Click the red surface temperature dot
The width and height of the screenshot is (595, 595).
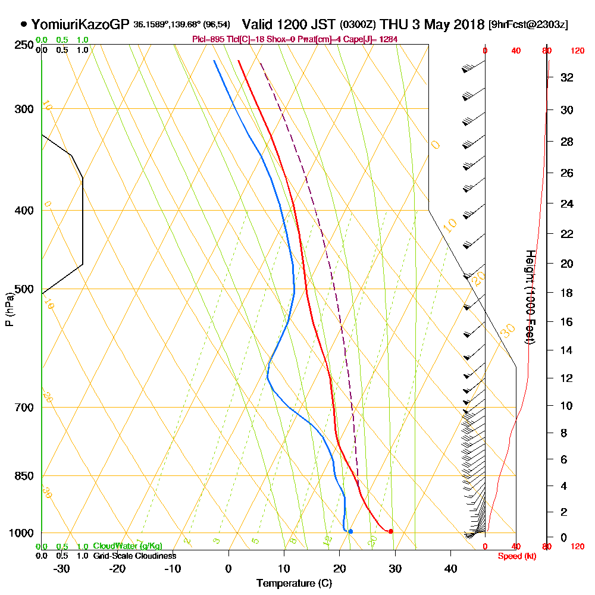pos(390,531)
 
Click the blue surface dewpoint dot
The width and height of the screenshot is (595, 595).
pos(350,531)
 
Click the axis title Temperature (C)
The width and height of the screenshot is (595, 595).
pos(294,583)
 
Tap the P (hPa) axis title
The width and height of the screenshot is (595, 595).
pos(9,309)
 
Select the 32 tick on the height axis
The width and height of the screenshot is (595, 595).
pos(567,77)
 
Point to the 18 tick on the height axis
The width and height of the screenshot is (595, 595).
pos(567,293)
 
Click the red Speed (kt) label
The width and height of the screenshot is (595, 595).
pos(516,556)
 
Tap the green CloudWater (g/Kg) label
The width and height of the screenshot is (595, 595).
pos(127,546)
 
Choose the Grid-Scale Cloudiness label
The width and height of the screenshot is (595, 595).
pos(134,556)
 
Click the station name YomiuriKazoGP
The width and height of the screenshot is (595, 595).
pos(80,24)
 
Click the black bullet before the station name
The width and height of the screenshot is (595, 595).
pos(23,24)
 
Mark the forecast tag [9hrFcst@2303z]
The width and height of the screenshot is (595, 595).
pos(527,25)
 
